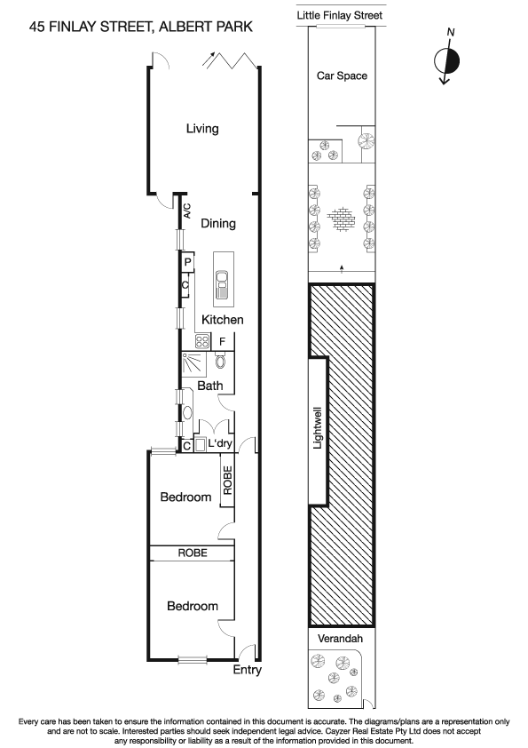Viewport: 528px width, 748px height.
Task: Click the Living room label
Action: (x=202, y=129)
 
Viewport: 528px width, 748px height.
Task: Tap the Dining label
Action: (x=217, y=224)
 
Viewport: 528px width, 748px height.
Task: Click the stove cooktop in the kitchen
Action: (x=201, y=340)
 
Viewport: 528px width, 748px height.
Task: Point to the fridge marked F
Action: (x=223, y=340)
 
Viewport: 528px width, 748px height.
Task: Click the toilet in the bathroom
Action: (x=220, y=362)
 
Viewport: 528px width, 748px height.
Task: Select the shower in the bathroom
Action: (x=193, y=364)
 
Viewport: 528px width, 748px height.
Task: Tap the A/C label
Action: (x=187, y=211)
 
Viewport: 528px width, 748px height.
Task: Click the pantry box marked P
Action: (x=187, y=263)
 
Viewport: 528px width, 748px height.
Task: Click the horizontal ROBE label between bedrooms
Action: (x=193, y=553)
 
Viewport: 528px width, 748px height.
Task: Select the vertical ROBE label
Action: (x=227, y=481)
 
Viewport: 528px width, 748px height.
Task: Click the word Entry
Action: (x=248, y=670)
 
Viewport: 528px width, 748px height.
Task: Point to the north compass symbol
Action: (x=448, y=60)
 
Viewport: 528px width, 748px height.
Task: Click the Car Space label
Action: (x=342, y=76)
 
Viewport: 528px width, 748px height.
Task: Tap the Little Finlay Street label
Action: (x=342, y=15)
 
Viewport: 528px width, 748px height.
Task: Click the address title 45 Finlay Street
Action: (x=140, y=27)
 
